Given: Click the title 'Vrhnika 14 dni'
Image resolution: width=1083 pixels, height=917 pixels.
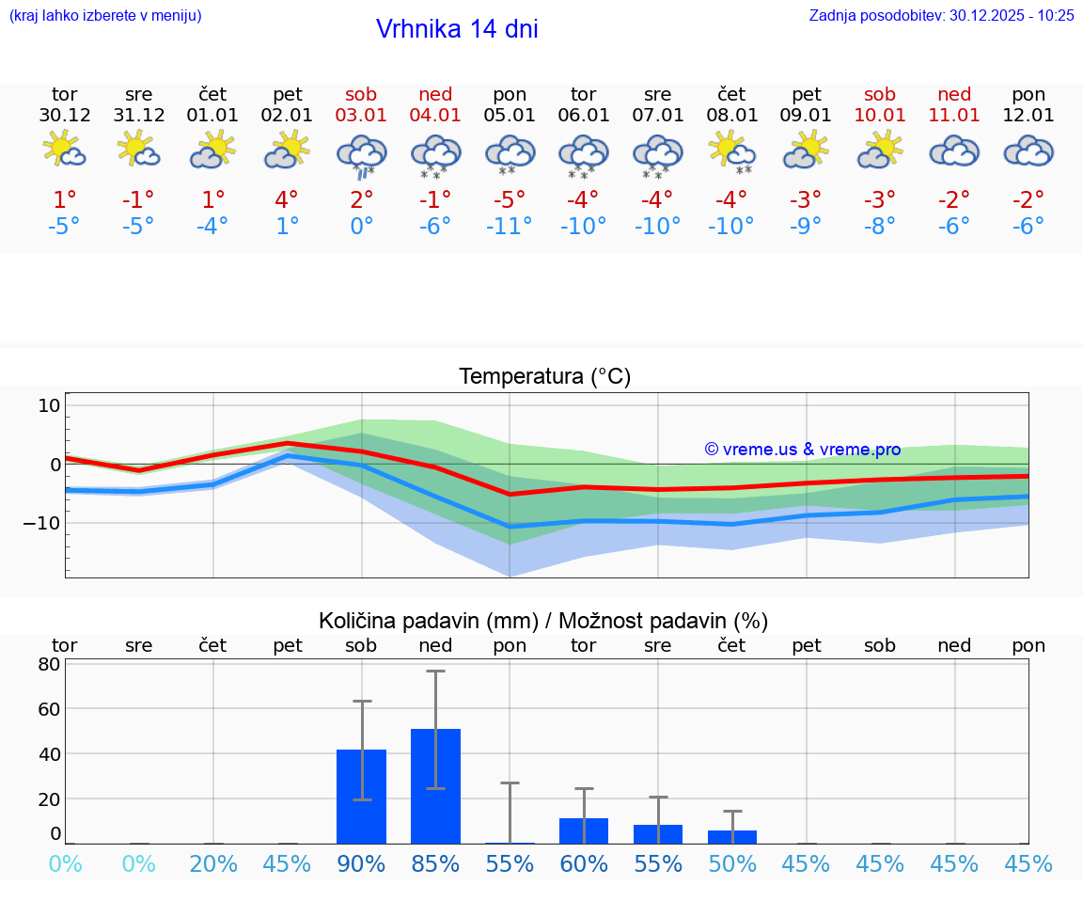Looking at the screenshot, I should [457, 29].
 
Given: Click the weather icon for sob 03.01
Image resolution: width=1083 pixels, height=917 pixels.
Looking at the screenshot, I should [362, 154].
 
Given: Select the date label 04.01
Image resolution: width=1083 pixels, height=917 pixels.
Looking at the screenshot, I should [435, 116].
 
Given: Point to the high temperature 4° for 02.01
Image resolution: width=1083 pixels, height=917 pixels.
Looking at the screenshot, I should [288, 199].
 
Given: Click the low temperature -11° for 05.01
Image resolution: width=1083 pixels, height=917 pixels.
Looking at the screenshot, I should [510, 227].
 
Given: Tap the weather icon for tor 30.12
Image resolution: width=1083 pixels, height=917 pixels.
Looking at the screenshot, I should [65, 150].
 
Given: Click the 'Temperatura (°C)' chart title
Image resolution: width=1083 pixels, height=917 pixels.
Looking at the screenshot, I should [545, 377].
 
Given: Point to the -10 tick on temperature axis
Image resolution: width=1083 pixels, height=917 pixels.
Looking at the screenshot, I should [41, 522].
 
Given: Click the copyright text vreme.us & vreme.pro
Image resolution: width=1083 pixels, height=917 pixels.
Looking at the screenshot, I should [803, 450].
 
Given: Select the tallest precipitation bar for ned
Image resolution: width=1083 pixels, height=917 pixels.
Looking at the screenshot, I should [435, 786].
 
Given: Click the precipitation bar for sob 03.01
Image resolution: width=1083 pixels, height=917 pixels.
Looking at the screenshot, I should [362, 797].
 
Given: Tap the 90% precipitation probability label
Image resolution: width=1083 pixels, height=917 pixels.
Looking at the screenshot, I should [362, 863].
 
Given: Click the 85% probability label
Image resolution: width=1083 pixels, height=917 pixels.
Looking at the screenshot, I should [435, 863].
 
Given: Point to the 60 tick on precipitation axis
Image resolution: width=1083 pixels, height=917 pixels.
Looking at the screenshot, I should [49, 708].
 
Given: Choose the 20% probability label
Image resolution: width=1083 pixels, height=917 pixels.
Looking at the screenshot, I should [213, 863].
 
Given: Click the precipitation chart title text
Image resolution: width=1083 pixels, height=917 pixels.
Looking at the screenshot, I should [543, 621].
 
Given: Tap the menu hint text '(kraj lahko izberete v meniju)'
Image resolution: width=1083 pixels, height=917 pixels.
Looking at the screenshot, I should [105, 15].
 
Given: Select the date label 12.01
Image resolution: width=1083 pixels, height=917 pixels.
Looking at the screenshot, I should [1028, 116].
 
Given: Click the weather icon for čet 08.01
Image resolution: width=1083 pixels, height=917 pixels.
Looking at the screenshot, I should [732, 151].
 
